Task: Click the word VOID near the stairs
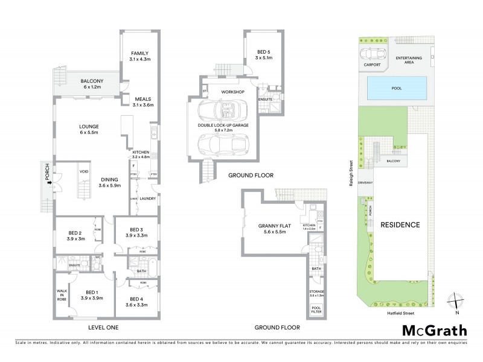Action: [x=84, y=172]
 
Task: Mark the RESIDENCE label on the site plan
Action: [x=400, y=224]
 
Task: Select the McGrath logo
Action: [x=435, y=330]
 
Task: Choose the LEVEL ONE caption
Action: [x=103, y=328]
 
